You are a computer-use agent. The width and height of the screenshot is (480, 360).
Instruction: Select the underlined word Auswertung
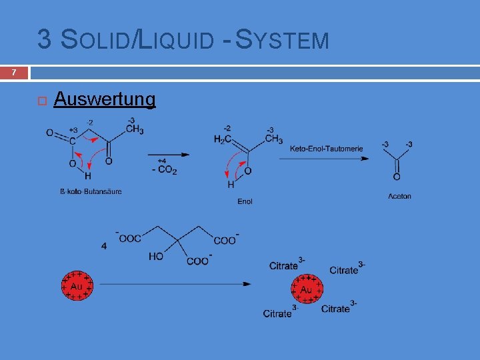click(x=105, y=99)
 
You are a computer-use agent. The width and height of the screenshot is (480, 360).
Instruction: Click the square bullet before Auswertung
click(x=41, y=101)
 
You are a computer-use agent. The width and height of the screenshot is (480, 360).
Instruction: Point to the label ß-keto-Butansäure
click(x=91, y=192)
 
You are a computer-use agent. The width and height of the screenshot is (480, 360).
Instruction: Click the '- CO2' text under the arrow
click(x=164, y=170)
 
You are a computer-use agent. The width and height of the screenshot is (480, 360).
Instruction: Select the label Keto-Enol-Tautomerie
click(x=326, y=149)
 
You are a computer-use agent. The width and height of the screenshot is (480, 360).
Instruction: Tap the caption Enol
click(x=245, y=201)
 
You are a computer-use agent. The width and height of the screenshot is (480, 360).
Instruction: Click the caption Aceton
click(x=399, y=196)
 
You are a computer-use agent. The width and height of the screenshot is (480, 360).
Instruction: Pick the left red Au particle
click(x=77, y=285)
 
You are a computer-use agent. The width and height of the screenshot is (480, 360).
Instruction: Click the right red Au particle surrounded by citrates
click(x=306, y=289)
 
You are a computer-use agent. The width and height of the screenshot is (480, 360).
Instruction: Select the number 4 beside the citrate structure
click(x=104, y=246)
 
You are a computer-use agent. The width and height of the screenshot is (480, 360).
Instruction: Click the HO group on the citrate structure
click(x=156, y=256)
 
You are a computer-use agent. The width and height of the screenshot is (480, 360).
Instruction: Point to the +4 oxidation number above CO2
click(x=162, y=161)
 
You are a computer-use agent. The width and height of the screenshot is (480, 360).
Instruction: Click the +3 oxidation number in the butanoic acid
click(x=73, y=130)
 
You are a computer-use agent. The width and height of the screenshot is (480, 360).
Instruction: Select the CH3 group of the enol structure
click(x=273, y=139)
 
